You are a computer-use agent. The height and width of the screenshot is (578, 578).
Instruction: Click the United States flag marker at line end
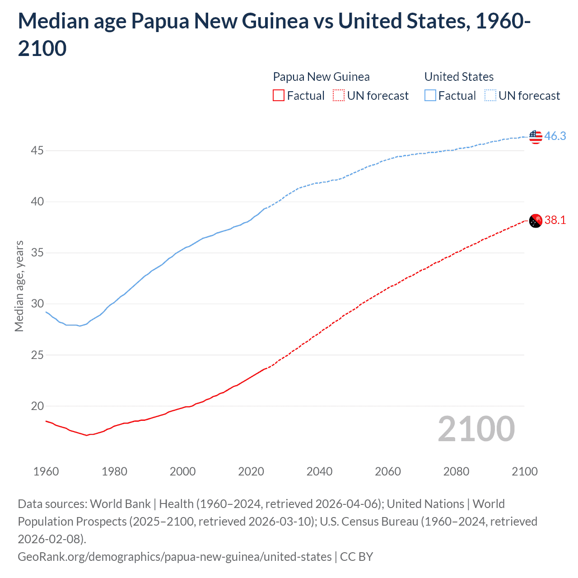coord(536,136)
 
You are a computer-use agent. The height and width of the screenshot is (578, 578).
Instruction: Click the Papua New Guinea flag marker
coord(536,221)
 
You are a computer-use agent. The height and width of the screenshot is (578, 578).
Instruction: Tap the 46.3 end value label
coord(555,136)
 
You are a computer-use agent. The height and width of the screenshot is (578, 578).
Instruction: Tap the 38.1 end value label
coord(555,220)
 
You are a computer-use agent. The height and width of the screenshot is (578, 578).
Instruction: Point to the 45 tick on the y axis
coord(37,150)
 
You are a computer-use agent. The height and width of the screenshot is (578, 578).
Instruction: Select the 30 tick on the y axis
coord(37,303)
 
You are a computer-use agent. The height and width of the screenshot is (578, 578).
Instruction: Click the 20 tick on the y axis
coord(37,406)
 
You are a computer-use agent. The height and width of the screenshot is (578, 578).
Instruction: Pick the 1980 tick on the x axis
coord(114,471)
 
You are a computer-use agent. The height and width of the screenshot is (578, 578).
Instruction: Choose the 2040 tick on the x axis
coord(319,471)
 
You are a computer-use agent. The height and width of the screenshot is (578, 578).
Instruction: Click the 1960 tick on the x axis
coord(46,471)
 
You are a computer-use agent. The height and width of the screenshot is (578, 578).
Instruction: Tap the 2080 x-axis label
coord(456,471)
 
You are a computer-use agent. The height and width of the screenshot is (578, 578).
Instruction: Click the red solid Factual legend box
coord(279,95)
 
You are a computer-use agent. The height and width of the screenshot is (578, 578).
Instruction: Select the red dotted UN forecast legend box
coord(339,95)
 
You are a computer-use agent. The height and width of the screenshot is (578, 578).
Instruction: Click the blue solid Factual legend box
coord(430,95)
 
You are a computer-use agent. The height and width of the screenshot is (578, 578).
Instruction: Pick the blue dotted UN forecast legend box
coord(490,95)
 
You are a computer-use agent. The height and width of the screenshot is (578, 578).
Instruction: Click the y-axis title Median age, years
coord(19,286)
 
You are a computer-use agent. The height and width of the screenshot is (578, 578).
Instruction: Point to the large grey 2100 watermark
coord(476,429)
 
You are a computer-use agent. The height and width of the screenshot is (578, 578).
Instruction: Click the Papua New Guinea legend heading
coord(321,77)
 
